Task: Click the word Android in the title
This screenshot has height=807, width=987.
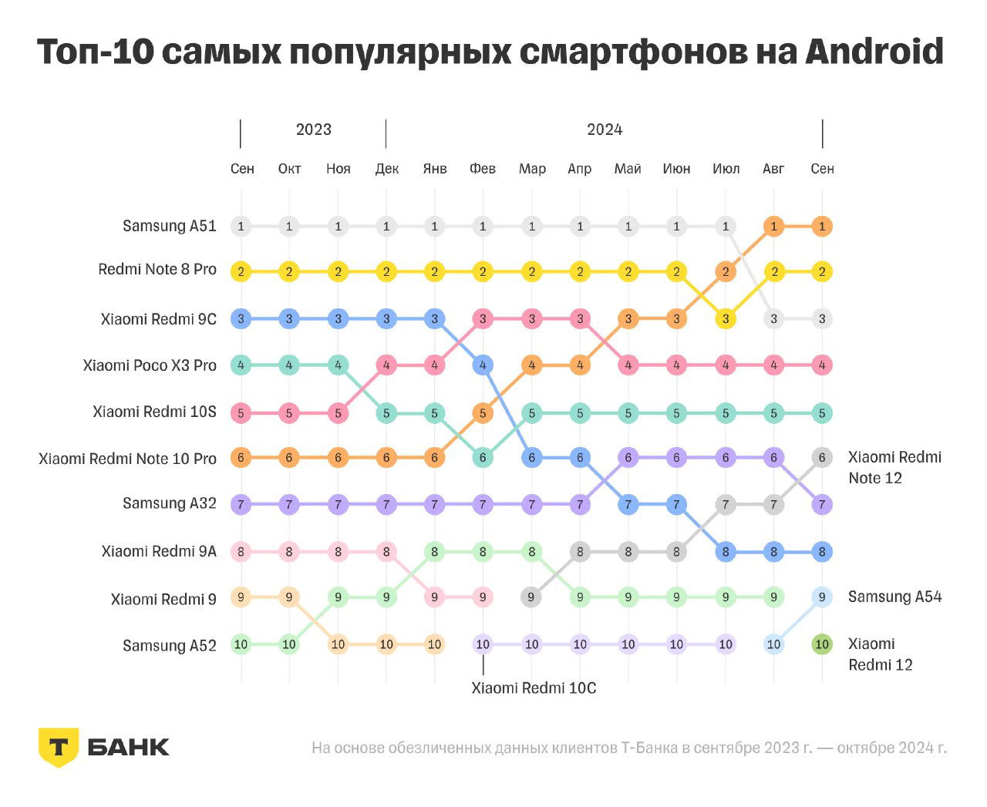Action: click(874, 52)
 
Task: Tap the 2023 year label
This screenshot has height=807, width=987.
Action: click(313, 129)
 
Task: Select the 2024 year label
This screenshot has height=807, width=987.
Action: click(605, 129)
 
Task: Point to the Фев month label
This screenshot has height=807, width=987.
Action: click(483, 169)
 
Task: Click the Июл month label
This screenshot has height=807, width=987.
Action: click(726, 169)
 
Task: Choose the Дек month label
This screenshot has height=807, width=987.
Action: click(386, 169)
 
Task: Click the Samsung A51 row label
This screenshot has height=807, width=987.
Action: click(169, 226)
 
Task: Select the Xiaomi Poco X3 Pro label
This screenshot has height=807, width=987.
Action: click(150, 365)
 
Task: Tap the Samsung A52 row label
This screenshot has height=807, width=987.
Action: click(169, 645)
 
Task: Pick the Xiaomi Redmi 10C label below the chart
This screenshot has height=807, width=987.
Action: click(534, 688)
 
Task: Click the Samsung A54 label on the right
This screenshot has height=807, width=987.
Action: click(894, 597)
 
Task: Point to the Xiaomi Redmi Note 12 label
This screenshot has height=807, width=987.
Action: click(894, 467)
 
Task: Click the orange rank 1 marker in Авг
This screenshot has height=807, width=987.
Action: click(773, 227)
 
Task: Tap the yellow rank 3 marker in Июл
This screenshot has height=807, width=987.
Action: click(726, 318)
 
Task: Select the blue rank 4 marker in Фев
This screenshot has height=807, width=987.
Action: click(483, 365)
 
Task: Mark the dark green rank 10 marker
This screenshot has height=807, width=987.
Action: click(822, 644)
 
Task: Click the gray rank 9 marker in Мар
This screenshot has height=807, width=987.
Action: click(531, 597)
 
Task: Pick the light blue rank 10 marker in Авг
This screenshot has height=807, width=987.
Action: click(773, 644)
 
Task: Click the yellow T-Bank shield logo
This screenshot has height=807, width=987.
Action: click(58, 747)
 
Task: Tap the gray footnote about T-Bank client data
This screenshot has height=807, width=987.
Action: click(628, 748)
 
